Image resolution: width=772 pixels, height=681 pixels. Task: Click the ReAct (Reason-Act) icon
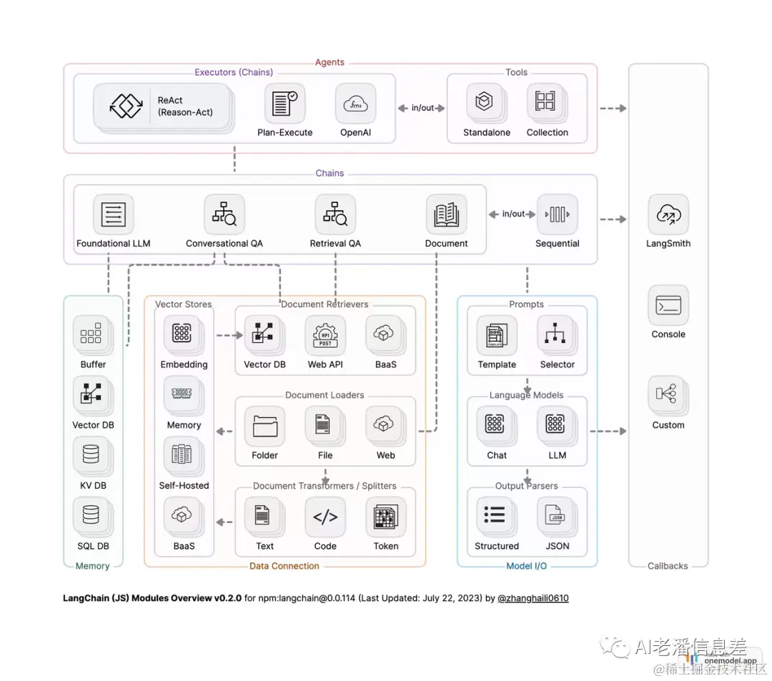pos(127,106)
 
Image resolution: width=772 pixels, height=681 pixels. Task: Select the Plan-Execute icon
pos(284,104)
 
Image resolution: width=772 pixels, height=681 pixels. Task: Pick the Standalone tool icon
pos(485,102)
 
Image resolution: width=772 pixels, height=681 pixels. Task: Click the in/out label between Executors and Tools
pos(422,108)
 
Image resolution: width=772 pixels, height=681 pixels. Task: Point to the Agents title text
pos(330,62)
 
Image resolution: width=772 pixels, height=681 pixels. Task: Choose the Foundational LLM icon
pos(114,214)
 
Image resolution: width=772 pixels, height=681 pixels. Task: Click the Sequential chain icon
pos(557,214)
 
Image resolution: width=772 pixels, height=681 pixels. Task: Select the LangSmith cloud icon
pos(668,214)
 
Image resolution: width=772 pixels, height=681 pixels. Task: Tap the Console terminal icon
pos(668,306)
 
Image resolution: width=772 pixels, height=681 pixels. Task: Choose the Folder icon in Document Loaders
pos(264,426)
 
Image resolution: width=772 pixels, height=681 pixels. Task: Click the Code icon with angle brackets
pos(325,517)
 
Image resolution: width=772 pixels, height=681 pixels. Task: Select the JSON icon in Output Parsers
pos(557,517)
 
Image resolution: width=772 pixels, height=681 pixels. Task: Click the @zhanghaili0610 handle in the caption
pos(533,598)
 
